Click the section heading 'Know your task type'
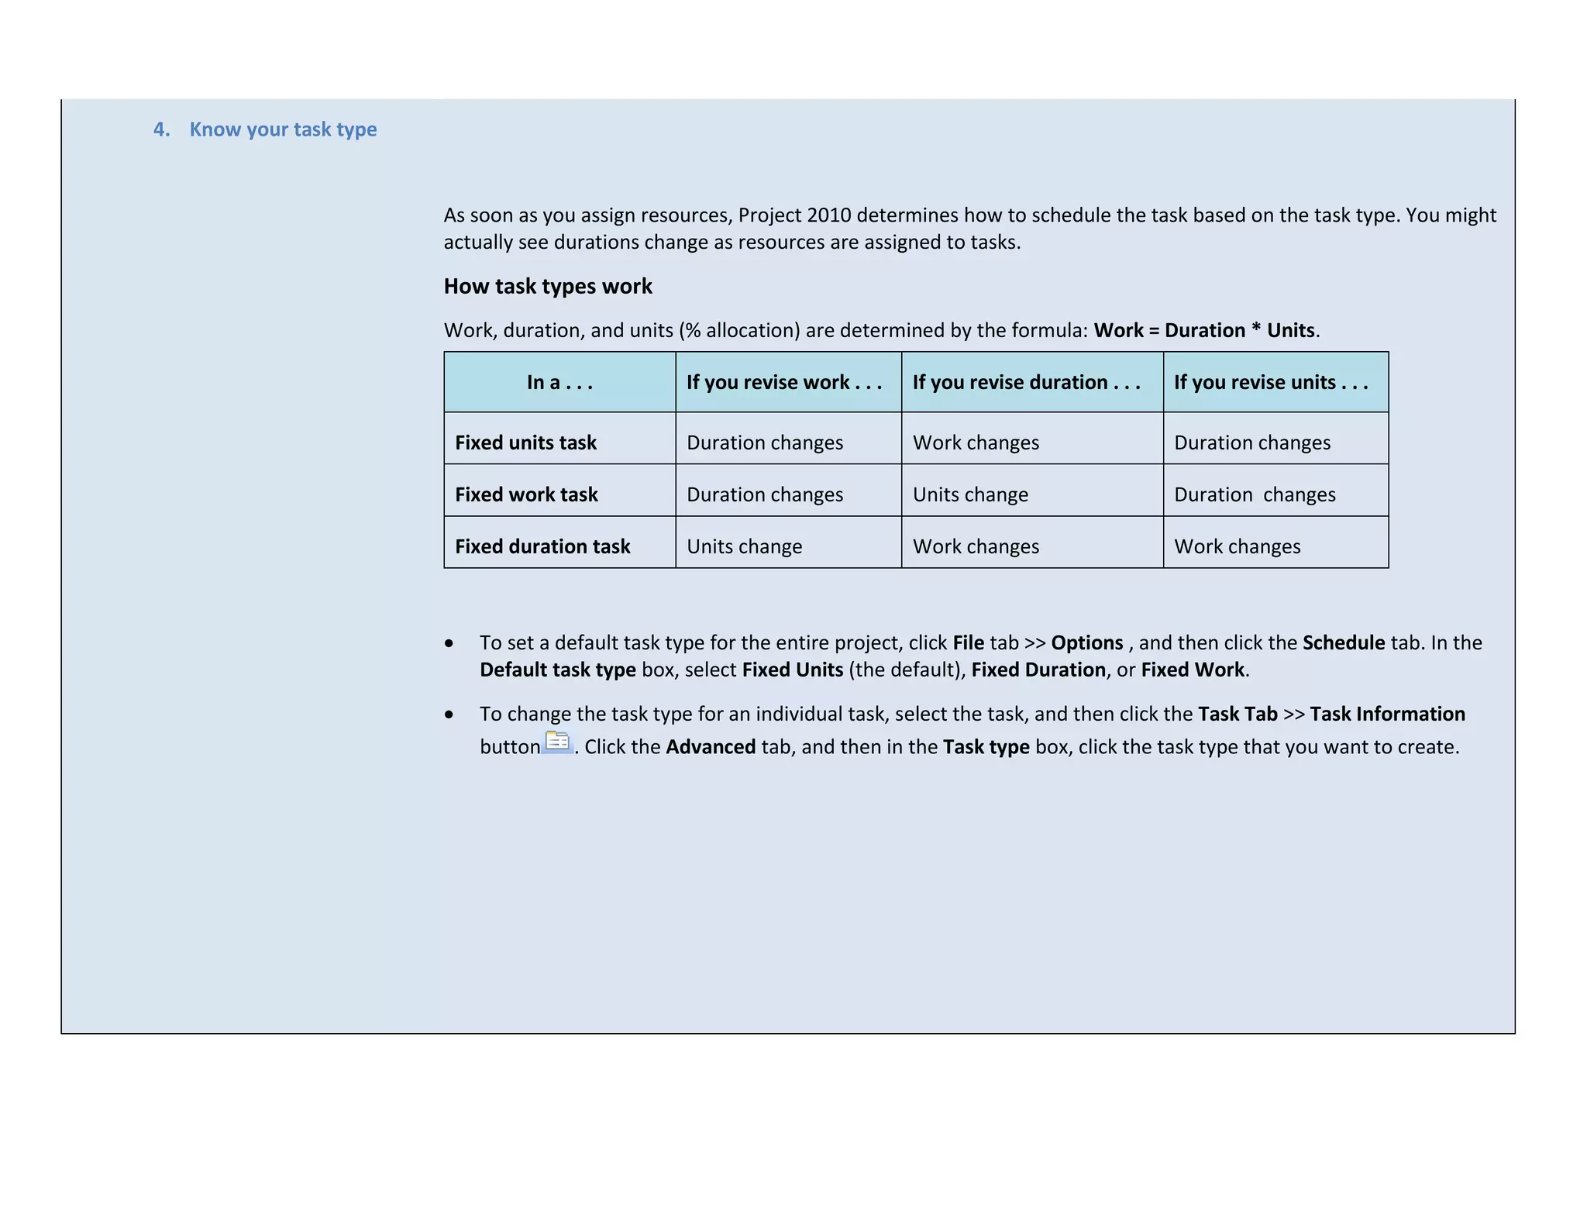pos(283,129)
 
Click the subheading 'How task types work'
pos(548,287)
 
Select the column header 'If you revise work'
pos(783,382)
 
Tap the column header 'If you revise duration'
pos(1026,382)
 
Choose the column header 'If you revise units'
pos(1270,382)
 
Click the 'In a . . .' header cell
pos(559,382)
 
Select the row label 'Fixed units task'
pos(525,443)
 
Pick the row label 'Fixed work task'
pos(526,494)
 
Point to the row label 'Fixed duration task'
pos(542,546)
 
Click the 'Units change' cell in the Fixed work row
pos(970,494)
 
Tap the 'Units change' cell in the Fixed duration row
pos(744,546)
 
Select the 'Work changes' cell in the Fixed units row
pos(976,443)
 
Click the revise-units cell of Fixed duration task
pos(1237,546)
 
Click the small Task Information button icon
pos(557,742)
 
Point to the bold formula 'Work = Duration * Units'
pos(1204,331)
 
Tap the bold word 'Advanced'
pos(711,747)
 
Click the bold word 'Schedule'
pos(1343,643)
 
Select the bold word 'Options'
pos(1086,643)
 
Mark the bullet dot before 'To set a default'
pos(449,644)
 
